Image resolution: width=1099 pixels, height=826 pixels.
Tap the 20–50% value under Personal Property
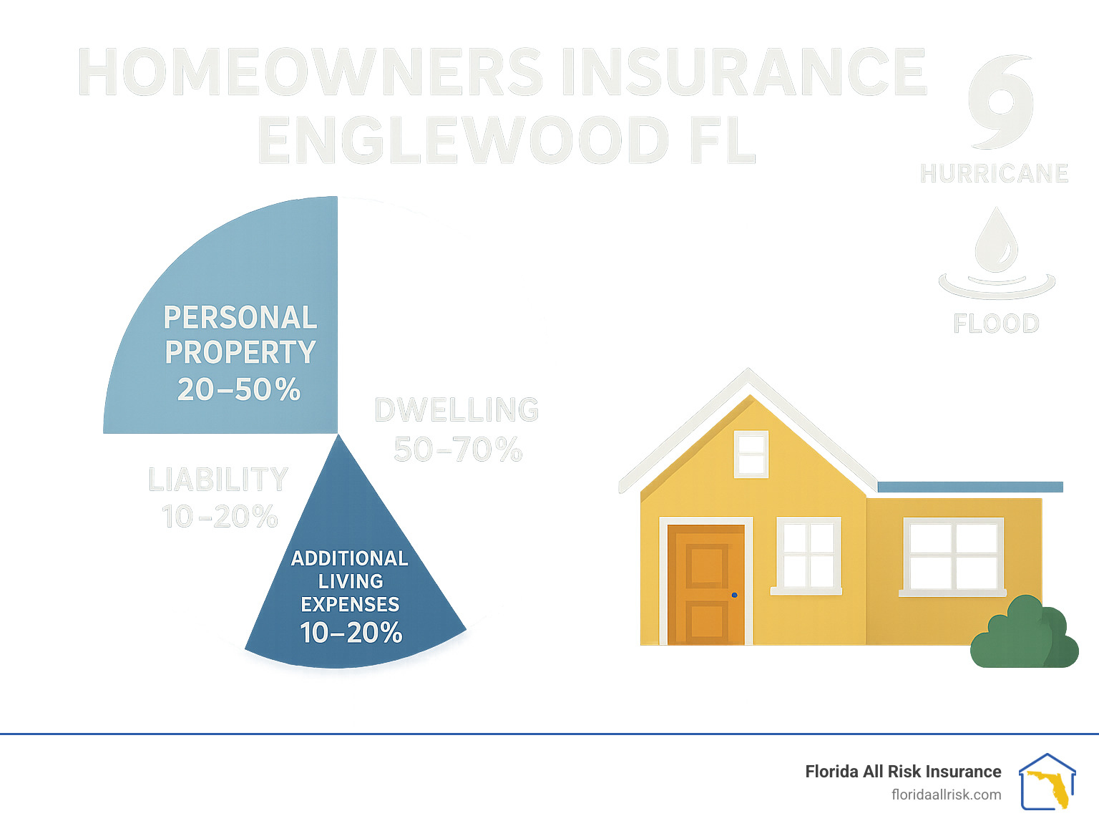click(239, 390)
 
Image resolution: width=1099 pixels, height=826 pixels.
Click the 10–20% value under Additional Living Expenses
click(351, 633)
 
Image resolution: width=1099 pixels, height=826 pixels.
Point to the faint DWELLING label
click(456, 410)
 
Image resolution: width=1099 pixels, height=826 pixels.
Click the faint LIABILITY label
click(218, 480)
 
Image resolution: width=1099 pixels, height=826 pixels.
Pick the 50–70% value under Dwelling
click(458, 450)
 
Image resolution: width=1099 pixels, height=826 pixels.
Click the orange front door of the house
click(706, 584)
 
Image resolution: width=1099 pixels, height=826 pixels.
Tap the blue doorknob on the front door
click(735, 595)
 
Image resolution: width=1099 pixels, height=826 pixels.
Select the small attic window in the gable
click(751, 454)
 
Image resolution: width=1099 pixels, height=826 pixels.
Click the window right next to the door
click(809, 555)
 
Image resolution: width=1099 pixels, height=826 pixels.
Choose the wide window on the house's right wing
click(953, 556)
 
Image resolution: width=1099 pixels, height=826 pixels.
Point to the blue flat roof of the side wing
click(969, 487)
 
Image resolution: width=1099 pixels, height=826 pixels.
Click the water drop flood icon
click(996, 243)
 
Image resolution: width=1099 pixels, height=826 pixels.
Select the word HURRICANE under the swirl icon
click(994, 174)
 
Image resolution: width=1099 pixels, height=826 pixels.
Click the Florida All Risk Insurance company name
click(903, 772)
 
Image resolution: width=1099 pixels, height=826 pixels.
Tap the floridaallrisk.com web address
click(946, 795)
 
